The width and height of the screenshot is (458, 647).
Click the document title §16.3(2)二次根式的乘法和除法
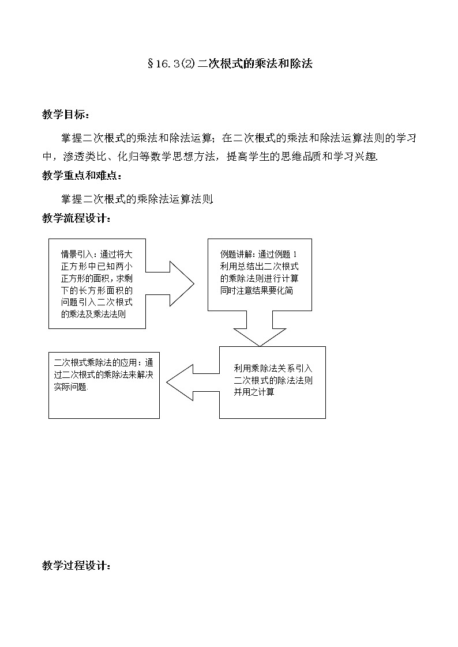(230, 65)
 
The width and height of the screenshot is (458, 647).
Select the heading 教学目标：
(66, 115)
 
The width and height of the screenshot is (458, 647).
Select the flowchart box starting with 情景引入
(97, 283)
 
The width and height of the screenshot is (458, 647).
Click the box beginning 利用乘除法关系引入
(272, 382)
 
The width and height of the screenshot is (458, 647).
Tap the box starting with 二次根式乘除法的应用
(104, 385)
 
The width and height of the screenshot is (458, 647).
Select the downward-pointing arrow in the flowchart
(260, 329)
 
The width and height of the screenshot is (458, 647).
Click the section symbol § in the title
(151, 65)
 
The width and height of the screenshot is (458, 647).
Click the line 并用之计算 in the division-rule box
(254, 392)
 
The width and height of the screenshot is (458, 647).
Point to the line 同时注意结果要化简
(257, 290)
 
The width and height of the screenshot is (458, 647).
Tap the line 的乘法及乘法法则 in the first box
(94, 314)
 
